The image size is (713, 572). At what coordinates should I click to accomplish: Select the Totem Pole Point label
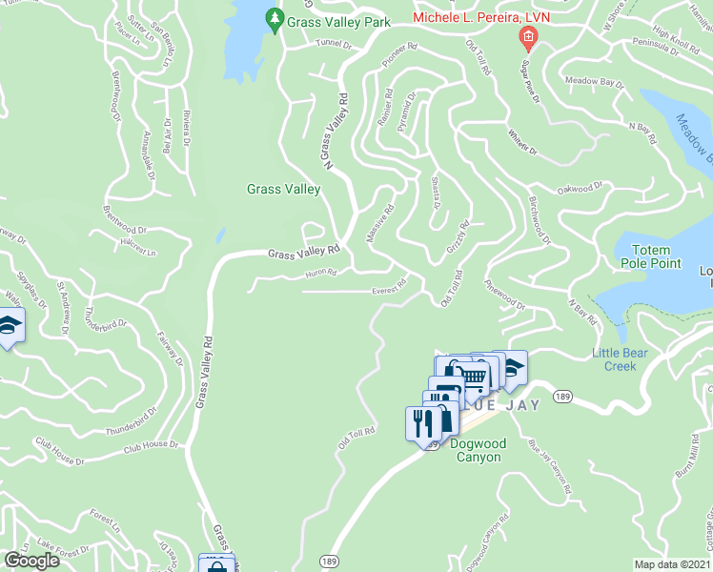coord(652,255)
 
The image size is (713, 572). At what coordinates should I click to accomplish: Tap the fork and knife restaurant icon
coord(420,422)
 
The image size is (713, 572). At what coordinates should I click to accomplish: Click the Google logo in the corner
coord(31,560)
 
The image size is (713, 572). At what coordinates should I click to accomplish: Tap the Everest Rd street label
coord(390,282)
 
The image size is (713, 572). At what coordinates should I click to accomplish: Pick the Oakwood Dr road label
coord(581,189)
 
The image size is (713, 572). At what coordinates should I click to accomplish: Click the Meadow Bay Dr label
coord(593,83)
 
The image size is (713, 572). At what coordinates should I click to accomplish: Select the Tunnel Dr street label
coord(334,43)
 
